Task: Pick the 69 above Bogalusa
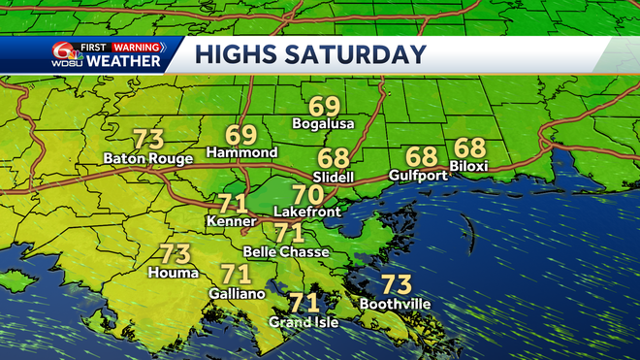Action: point(325,106)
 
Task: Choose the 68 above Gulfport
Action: point(423,155)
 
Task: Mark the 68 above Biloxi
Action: point(469,147)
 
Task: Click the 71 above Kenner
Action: point(232,204)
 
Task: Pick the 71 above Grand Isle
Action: point(304,303)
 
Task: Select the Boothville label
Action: point(395,304)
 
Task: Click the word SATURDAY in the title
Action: point(365,53)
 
